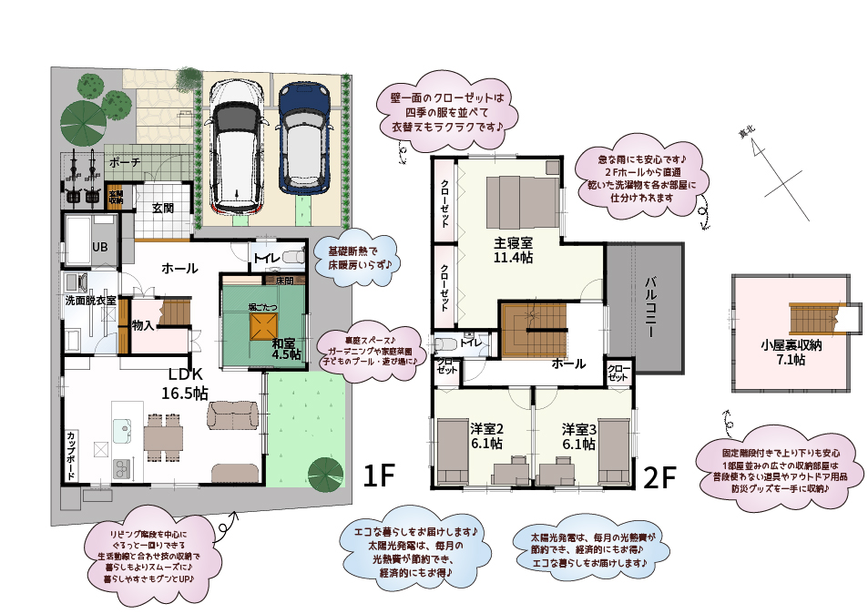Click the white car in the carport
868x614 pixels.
pyautogui.click(x=237, y=145)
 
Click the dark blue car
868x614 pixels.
pyautogui.click(x=301, y=138)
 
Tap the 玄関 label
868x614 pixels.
pyautogui.click(x=163, y=208)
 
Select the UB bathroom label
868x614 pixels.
pyautogui.click(x=99, y=247)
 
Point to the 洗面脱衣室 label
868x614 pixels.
pyautogui.click(x=89, y=300)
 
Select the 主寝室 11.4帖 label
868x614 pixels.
pyautogui.click(x=513, y=251)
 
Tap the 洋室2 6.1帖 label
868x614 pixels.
pyautogui.click(x=487, y=436)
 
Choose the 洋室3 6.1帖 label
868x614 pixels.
pyautogui.click(x=578, y=436)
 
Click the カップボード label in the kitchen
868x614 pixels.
pyautogui.click(x=71, y=450)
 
